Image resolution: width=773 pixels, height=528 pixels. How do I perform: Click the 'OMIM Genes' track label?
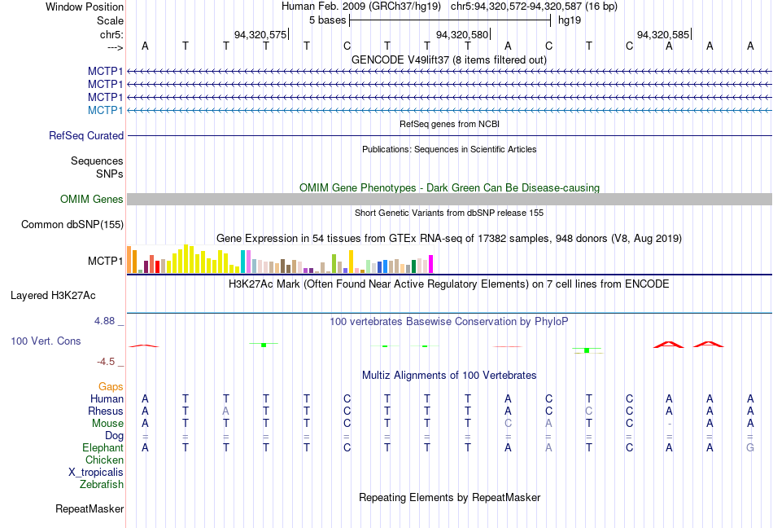(x=92, y=199)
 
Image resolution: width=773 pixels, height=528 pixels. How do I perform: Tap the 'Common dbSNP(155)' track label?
(x=72, y=225)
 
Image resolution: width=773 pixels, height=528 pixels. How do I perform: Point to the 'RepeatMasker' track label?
(x=90, y=509)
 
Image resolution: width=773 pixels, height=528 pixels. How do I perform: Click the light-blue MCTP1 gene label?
(x=106, y=110)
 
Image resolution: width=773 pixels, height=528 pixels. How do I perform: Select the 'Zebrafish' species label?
(x=102, y=485)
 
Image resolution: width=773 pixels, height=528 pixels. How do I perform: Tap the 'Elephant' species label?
(x=103, y=447)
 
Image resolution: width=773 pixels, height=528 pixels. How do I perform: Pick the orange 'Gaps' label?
(x=111, y=386)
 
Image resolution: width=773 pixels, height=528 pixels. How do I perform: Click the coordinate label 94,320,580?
(x=462, y=35)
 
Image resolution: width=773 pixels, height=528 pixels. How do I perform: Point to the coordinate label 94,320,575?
(x=260, y=35)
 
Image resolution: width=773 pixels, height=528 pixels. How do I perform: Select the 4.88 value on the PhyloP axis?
(x=105, y=321)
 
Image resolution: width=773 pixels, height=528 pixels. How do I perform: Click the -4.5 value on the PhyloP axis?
(x=106, y=361)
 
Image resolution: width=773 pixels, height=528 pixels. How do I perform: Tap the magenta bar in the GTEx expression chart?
(x=430, y=264)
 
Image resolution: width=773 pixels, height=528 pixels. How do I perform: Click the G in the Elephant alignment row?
(x=750, y=447)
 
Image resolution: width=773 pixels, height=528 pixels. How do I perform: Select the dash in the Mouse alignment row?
(x=670, y=424)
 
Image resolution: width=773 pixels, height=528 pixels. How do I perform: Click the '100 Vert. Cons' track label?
(x=46, y=341)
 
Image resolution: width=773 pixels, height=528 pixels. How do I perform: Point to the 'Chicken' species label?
(x=104, y=460)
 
